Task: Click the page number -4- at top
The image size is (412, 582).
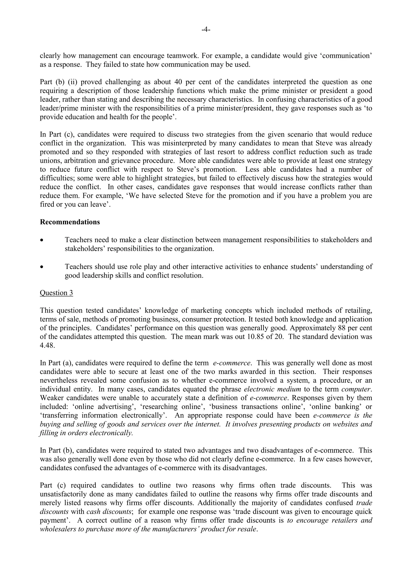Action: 206,30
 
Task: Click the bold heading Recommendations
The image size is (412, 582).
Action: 70,222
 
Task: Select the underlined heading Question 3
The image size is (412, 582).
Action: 56,293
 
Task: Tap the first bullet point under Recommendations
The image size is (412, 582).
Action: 42,240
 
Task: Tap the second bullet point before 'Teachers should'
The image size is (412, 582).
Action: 42,267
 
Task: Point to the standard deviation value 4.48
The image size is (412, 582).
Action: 47,345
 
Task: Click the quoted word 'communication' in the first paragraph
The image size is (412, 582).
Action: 347,56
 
